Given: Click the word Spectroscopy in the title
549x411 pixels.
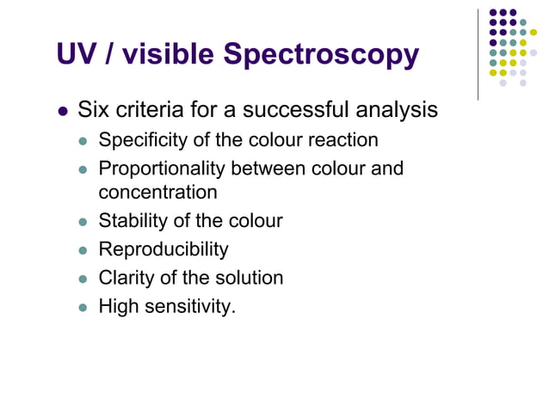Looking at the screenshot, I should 321,55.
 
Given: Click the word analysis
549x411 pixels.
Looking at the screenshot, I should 395,111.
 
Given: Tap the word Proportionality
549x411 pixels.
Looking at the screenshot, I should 161,169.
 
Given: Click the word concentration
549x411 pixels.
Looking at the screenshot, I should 158,192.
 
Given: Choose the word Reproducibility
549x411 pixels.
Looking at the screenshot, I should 163,249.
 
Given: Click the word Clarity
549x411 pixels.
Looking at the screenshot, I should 126,278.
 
